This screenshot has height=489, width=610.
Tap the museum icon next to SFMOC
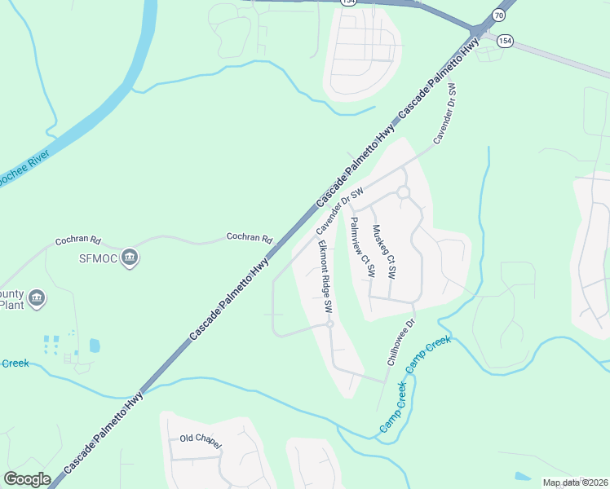point(129,259)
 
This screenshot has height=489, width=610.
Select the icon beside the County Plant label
point(35,300)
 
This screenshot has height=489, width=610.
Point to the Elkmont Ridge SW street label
point(325,276)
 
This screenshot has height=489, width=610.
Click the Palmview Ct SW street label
point(360,247)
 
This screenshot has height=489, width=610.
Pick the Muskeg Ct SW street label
point(383,252)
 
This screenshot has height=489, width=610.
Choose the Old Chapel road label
point(201,439)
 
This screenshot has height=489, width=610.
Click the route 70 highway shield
point(499,15)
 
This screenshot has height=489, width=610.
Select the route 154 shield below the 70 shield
point(506,41)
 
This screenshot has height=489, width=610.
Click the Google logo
point(27,479)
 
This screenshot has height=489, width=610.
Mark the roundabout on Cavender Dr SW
point(403,192)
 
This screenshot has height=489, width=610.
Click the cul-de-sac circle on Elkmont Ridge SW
point(330,324)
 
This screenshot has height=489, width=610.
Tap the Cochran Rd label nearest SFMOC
point(77,241)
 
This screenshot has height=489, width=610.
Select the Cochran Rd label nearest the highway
point(249,239)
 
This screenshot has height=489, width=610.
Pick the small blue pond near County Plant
point(95,346)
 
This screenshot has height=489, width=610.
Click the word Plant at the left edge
point(11,306)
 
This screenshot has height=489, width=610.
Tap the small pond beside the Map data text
point(523,476)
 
